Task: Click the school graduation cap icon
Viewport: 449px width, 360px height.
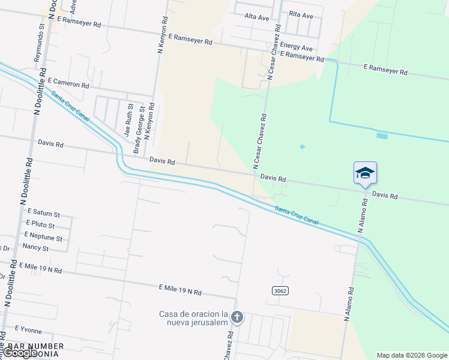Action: pos(365,173)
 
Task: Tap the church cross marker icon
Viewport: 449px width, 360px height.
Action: pos(237,317)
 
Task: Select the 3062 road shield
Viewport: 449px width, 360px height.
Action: pos(280,291)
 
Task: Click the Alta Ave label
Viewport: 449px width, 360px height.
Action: pos(257,17)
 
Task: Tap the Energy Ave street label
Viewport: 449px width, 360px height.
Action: pos(297,47)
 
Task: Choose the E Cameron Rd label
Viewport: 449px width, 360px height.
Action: pos(68,82)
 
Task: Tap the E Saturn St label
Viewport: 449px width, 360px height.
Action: pos(42,214)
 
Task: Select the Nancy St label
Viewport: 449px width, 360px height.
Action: pos(35,247)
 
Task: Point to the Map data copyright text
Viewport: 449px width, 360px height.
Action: pos(411,355)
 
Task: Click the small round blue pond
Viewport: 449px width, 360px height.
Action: pos(302,146)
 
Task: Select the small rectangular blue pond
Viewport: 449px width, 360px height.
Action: pos(382,136)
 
